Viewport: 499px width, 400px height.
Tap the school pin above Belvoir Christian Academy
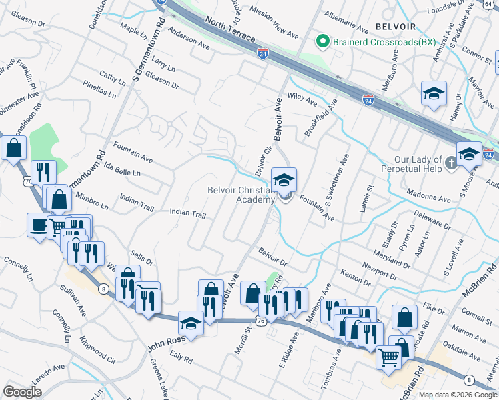284,179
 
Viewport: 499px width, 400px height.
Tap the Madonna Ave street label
432,198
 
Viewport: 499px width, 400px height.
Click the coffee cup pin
38,225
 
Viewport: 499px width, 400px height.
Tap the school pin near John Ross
191,325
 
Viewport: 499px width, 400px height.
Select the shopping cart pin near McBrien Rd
389,357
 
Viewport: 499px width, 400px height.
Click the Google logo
23,392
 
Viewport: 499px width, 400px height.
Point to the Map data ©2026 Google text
457,395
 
